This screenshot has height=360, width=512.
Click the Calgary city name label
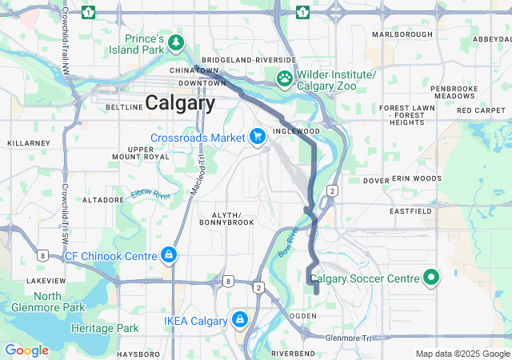pyautogui.click(x=180, y=103)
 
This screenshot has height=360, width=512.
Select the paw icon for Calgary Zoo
pyautogui.click(x=284, y=78)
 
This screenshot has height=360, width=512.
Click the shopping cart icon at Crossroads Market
pyautogui.click(x=258, y=138)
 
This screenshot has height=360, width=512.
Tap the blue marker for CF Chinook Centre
pyautogui.click(x=168, y=256)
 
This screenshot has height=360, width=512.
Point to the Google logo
pyautogui.click(x=26, y=350)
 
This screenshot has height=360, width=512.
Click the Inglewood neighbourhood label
pyautogui.click(x=296, y=130)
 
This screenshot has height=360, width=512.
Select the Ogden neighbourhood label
pyautogui.click(x=302, y=316)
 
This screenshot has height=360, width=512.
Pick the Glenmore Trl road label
pyautogui.click(x=350, y=338)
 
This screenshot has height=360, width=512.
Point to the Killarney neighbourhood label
pyautogui.click(x=22, y=142)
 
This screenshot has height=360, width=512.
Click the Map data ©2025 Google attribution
pyautogui.click(x=462, y=354)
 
